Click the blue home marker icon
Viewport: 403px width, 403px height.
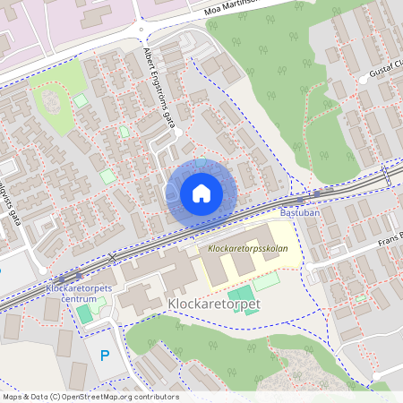coord(201,193)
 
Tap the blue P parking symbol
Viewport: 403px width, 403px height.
coord(105,356)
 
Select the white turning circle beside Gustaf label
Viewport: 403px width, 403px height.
coord(364,80)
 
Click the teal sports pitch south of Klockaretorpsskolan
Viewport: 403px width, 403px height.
coord(239,294)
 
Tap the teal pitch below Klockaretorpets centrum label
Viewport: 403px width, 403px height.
coord(83,313)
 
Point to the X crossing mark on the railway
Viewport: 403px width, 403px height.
coord(112,258)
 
